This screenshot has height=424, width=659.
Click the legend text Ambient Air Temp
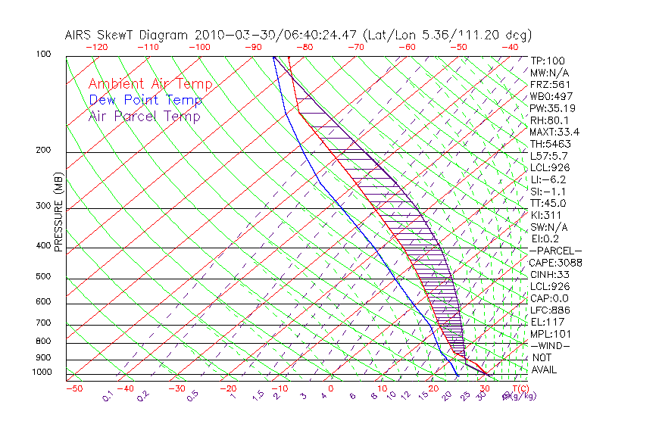(150, 85)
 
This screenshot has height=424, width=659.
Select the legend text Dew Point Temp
(145, 101)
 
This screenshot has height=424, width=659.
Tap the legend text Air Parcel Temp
(145, 117)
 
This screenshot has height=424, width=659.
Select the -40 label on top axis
(510, 47)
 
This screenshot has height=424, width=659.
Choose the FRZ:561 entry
(550, 85)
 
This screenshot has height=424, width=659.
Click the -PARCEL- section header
(555, 251)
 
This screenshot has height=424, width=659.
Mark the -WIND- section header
(550, 345)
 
